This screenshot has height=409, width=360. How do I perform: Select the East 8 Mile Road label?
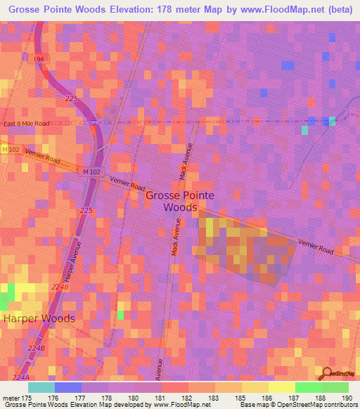(x=27, y=124)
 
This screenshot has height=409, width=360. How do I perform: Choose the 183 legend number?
(x=212, y=398)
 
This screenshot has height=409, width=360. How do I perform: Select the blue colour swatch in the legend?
(x=67, y=387)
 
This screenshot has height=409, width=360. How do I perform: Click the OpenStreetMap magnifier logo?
(x=328, y=373)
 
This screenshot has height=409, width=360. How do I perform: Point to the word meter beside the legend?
(x=12, y=398)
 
